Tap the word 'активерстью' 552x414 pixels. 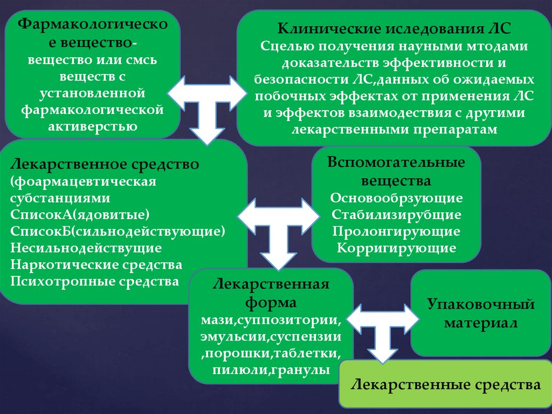[93, 127]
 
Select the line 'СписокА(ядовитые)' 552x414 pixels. [79, 215]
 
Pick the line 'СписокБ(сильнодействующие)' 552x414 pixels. [117, 232]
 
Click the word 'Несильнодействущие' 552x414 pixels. [86, 248]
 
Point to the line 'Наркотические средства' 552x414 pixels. [96, 265]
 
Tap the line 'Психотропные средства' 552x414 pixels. [94, 282]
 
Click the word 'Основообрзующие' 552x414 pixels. [397, 198]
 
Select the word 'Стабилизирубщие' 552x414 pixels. [397, 214]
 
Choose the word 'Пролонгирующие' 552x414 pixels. [397, 232]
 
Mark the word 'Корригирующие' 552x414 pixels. [397, 248]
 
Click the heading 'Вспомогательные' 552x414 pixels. [397, 163]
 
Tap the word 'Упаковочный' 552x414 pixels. [481, 304]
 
